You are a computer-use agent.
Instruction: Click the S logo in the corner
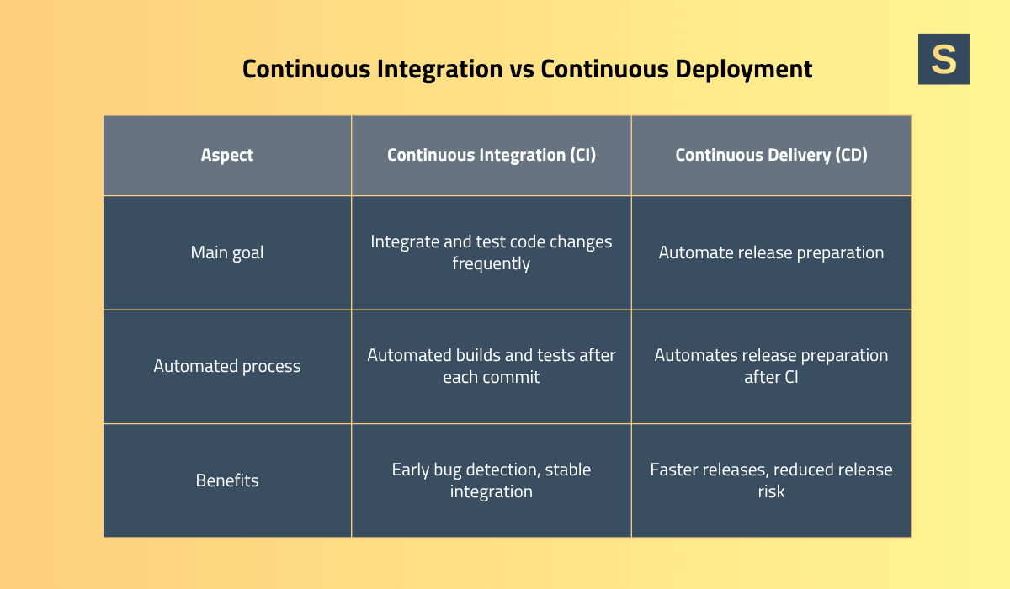point(944,59)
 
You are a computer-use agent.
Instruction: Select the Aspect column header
point(227,155)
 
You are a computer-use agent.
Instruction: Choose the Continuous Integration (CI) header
point(492,155)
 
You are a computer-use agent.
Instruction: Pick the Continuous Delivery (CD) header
point(771,155)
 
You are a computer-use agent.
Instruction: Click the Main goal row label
point(227,252)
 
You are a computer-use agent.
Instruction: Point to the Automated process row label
point(227,366)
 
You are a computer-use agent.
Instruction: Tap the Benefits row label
point(227,480)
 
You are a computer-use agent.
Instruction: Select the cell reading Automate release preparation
point(771,252)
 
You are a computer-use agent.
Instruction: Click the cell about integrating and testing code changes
point(492,252)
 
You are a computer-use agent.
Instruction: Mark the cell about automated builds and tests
point(492,366)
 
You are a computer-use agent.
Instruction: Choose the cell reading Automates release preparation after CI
point(771,366)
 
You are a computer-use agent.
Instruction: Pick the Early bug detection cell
point(492,480)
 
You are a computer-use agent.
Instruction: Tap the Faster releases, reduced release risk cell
point(771,480)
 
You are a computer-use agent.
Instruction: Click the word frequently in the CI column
point(492,263)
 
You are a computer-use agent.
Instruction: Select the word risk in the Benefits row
point(771,491)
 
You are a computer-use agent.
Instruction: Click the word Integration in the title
point(430,69)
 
